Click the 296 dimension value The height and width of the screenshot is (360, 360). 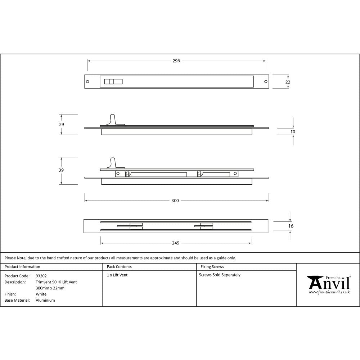(x=176, y=61)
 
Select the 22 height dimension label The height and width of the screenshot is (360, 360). (x=288, y=82)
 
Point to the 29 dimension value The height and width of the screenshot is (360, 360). (x=62, y=124)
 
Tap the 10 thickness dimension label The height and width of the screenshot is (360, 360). (x=293, y=132)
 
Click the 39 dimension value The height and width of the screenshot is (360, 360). (x=62, y=170)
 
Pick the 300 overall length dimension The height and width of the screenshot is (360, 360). (x=175, y=201)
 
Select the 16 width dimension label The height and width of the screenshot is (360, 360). (x=291, y=226)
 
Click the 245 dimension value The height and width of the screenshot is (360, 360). (x=175, y=243)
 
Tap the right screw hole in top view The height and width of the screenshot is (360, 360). (x=266, y=82)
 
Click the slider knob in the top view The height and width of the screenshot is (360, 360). (x=113, y=82)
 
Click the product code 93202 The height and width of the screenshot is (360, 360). (x=41, y=276)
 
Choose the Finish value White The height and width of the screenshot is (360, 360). (x=41, y=294)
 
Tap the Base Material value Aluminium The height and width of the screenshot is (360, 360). (x=45, y=300)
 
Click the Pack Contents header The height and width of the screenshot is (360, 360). (x=119, y=267)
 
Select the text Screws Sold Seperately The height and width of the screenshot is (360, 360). (x=220, y=275)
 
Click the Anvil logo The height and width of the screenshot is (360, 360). (x=329, y=284)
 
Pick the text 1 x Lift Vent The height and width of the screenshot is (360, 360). (x=117, y=275)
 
